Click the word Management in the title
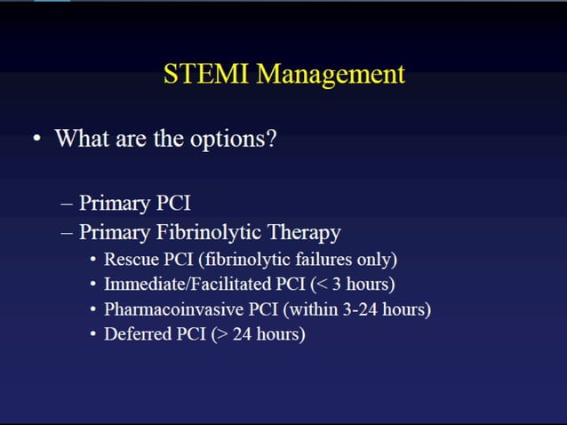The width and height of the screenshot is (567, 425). (x=331, y=75)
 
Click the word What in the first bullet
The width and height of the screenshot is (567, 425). (x=81, y=139)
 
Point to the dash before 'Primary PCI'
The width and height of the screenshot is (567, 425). (x=68, y=203)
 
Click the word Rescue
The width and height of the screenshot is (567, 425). (x=130, y=260)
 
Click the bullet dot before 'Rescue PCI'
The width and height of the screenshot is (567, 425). (x=94, y=261)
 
